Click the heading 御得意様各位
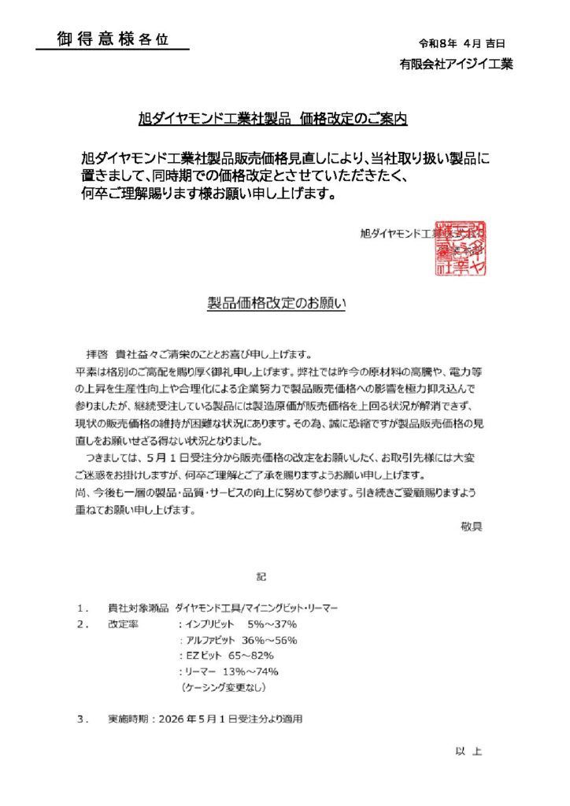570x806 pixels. [113, 39]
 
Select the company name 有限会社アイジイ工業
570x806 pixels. [456, 65]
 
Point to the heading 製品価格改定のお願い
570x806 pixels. [276, 303]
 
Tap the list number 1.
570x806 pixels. [83, 608]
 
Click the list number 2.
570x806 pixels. [83, 624]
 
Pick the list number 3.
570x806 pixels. [83, 719]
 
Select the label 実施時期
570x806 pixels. [131, 719]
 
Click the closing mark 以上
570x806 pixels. [468, 752]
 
